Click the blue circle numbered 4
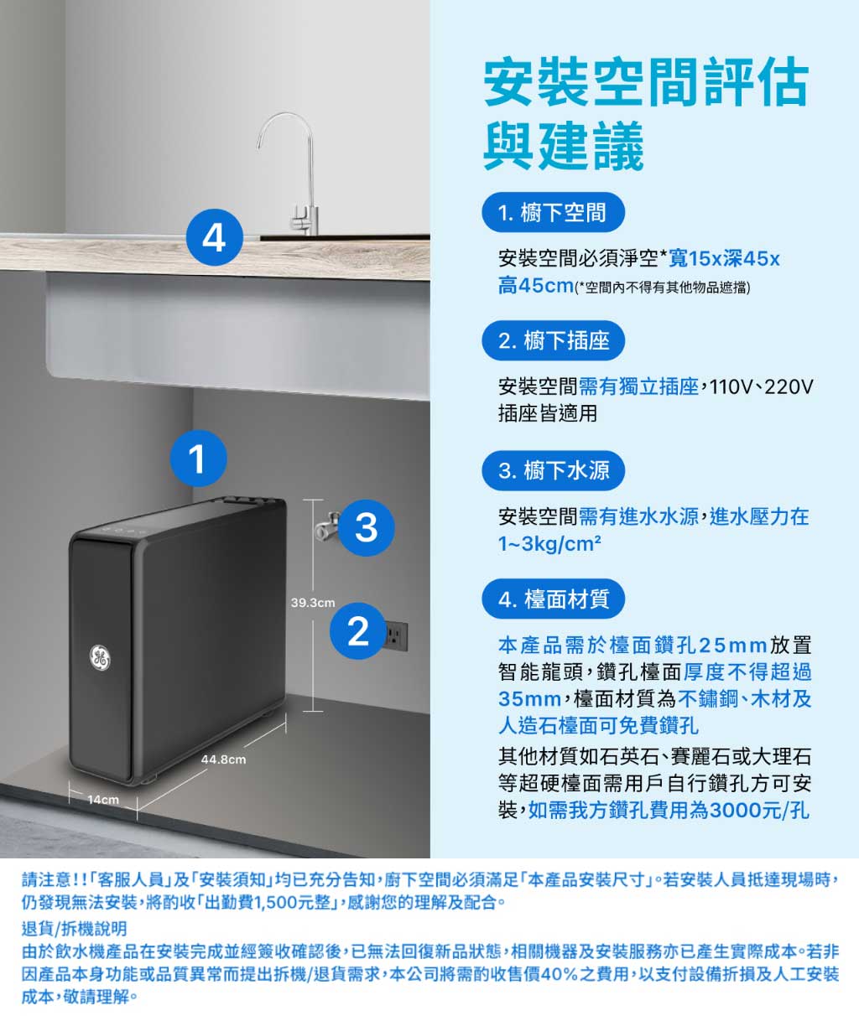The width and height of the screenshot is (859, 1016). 215,237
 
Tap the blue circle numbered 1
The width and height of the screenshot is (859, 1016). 197,459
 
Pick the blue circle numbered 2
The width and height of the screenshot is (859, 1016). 358,630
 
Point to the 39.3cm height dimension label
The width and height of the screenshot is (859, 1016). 312,603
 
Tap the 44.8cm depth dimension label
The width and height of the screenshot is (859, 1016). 224,759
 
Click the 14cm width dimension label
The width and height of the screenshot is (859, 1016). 103,801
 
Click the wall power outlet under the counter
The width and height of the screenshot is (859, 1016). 396,636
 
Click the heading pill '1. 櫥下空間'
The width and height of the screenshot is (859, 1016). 553,213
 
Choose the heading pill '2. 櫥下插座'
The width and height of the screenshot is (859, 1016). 554,341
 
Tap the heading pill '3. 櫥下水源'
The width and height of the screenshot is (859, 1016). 554,470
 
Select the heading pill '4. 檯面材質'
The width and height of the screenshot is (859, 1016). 554,599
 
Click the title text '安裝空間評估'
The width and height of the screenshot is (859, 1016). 646,84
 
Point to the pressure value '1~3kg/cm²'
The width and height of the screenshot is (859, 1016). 549,544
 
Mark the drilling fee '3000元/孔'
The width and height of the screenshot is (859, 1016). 760,811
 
